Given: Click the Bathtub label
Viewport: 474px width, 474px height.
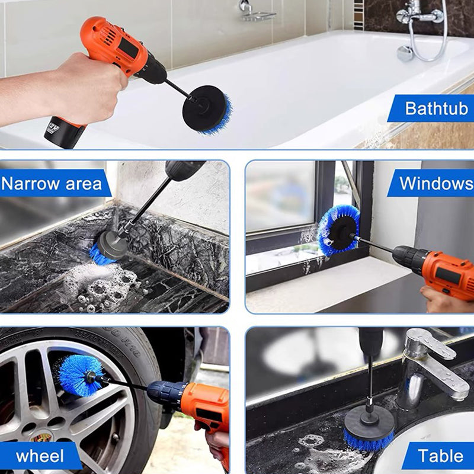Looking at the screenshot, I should pos(436,108).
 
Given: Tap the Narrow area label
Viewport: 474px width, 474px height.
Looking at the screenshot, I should pos(52,184).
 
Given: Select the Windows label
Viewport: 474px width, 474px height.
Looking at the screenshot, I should pos(436,183).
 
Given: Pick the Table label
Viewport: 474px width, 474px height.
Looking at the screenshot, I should pos(440,456).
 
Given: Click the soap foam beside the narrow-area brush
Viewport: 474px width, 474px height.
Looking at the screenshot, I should pos(101,284).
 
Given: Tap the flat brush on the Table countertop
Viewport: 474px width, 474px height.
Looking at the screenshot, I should pos(369,430).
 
